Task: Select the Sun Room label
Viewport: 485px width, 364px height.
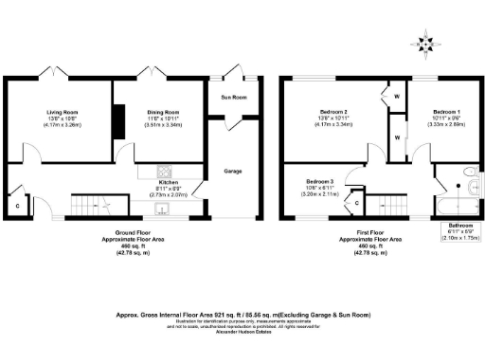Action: point(230,97)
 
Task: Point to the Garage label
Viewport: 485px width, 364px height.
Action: point(230,172)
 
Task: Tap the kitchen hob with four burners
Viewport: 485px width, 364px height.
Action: point(163,173)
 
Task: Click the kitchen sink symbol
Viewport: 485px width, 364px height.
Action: point(163,210)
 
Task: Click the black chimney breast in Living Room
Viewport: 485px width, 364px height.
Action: point(118,119)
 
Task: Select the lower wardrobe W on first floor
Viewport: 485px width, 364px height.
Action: point(396,137)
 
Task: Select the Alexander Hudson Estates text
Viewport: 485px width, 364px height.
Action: point(242,334)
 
